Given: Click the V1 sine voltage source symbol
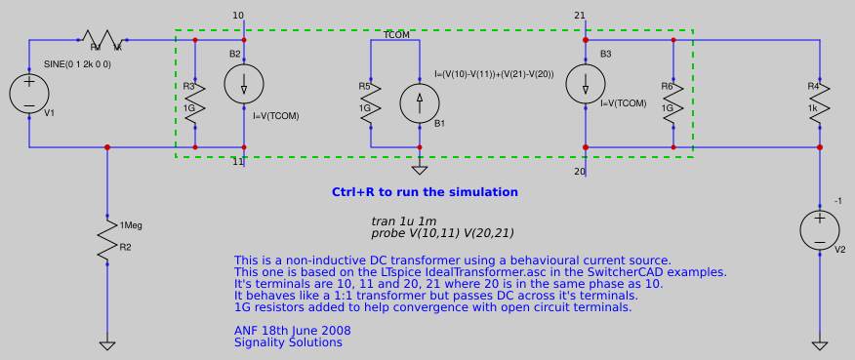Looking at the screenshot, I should pos(29,94).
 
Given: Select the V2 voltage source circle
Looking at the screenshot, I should pos(820,230).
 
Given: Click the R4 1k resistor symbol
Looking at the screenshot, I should pos(820,100).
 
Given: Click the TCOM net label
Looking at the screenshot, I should pos(397,34).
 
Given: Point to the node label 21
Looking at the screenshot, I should pos(580,16).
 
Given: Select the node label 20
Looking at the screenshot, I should pos(580,171).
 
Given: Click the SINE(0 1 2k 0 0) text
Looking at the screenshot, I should pos(78,63).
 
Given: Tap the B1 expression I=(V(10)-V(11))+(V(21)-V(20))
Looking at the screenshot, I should pos(494,74).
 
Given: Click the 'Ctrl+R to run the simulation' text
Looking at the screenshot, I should pos(425,192).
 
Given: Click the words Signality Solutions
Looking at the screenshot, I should pos(288,342).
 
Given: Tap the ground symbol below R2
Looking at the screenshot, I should pos(107,345).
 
